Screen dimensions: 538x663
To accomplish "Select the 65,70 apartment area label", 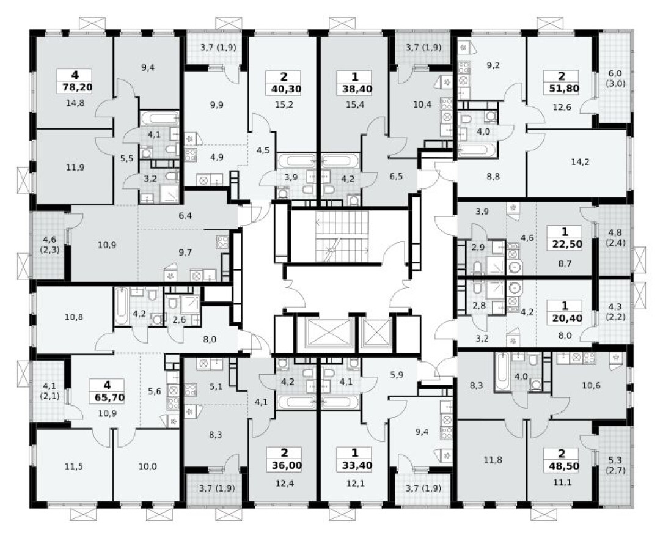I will point(107,395).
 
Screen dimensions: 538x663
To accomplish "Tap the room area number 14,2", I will point(577,163).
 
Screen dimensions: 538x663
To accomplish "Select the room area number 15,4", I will point(354,105).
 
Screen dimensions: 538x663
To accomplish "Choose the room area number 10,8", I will point(74,317).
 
